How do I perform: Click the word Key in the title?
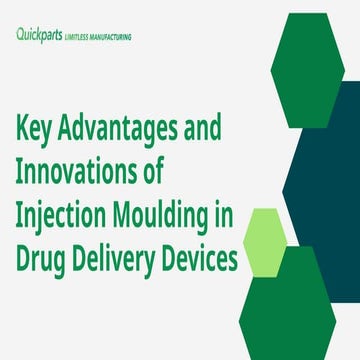tap(39, 131)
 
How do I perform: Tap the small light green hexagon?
tap(266, 240)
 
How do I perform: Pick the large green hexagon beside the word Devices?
tap(290, 305)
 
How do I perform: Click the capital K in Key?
tap(25, 131)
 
